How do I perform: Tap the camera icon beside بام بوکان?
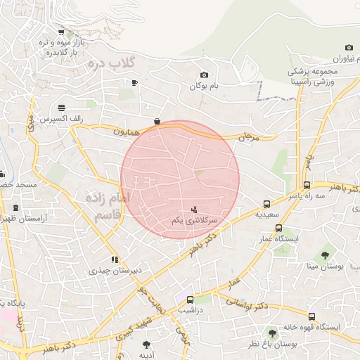click(x=204, y=75)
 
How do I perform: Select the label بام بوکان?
click(x=205, y=86)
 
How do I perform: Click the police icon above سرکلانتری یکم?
click(x=195, y=210)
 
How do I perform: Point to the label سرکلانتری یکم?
click(x=194, y=221)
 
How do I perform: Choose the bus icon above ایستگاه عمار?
click(x=279, y=228)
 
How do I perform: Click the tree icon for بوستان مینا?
click(x=325, y=255)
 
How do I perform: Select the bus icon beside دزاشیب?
click(x=190, y=300)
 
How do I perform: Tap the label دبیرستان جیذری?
click(x=115, y=270)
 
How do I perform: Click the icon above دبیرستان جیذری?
click(x=114, y=259)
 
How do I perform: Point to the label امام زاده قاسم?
click(x=106, y=205)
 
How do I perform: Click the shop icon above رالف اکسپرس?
click(x=62, y=109)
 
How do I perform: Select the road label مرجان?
click(x=250, y=136)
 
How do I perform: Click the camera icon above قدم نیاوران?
click(x=349, y=48)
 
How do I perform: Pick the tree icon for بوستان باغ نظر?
click(x=272, y=333)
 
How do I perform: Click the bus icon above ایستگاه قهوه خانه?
click(x=311, y=317)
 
